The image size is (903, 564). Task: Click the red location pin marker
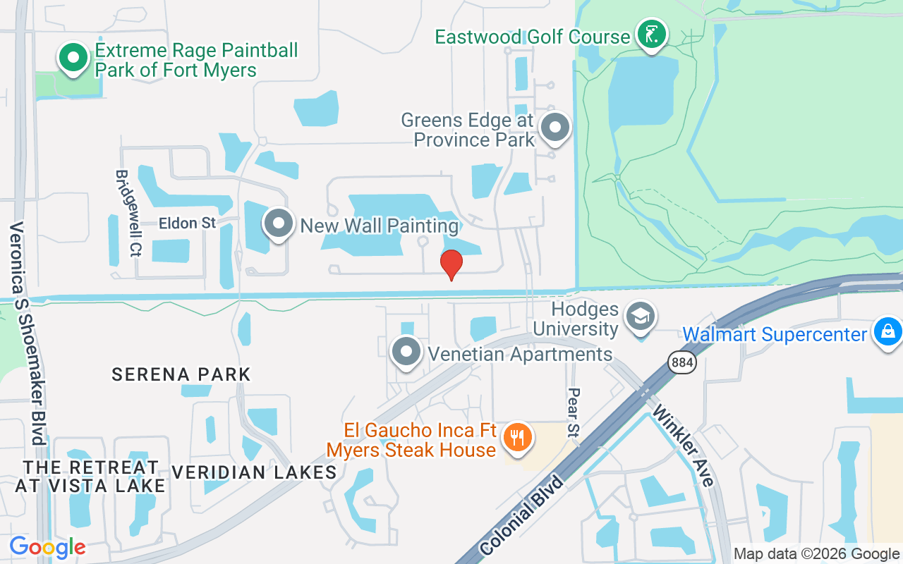click(451, 264)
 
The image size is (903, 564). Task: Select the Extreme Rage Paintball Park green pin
click(73, 59)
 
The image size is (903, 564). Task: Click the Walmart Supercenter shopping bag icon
click(887, 331)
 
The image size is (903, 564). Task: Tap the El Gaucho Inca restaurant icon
click(518, 438)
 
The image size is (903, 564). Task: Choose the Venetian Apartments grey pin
click(406, 351)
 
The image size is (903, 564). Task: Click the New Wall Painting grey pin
click(279, 223)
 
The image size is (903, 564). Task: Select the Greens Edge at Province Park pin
click(555, 128)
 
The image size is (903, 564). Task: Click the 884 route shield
click(682, 363)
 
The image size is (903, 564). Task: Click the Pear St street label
click(574, 412)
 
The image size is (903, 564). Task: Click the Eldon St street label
click(187, 223)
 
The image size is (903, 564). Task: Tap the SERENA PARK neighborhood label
click(181, 374)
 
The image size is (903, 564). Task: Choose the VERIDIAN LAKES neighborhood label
click(254, 472)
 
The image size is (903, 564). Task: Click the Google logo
click(47, 547)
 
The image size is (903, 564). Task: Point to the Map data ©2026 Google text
click(816, 554)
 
